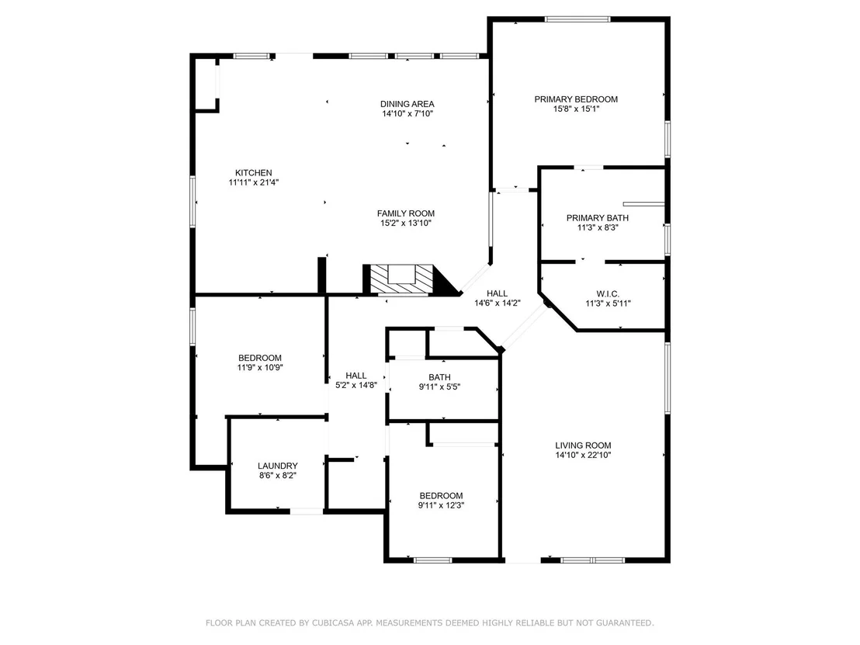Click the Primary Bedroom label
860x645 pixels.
576,99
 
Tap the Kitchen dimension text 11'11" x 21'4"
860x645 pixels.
253,182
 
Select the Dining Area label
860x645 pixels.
407,104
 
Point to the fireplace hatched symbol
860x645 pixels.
403,279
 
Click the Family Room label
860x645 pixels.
406,214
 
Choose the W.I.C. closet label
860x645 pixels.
608,294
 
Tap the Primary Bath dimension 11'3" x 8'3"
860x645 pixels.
598,227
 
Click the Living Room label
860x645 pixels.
583,446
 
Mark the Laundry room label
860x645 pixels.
278,466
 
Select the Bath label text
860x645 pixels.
440,377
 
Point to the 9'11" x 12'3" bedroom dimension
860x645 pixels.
441,506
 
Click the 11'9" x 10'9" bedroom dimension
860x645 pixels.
260,368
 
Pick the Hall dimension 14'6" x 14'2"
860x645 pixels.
498,303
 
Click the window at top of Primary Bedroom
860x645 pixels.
577,19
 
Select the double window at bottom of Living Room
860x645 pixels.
592,560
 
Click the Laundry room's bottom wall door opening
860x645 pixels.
307,511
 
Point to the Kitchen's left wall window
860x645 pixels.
192,201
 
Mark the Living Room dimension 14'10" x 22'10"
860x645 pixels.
583,456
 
